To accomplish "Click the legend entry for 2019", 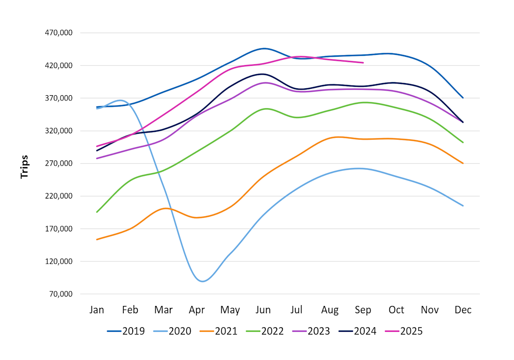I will point(126,331).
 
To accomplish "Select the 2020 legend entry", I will point(172,331).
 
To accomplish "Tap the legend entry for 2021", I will point(218,331).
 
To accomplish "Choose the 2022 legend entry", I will point(265,331).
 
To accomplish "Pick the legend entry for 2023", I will point(311,331).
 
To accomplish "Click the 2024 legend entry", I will point(357,331).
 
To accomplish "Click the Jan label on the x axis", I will point(97,310).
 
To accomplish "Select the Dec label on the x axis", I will point(463,310).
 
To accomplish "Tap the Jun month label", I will point(263,310).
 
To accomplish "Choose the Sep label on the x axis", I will point(363,310).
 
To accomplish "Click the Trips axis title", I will point(24,167).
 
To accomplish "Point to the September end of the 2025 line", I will point(363,62).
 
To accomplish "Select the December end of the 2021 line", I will point(463,163).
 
